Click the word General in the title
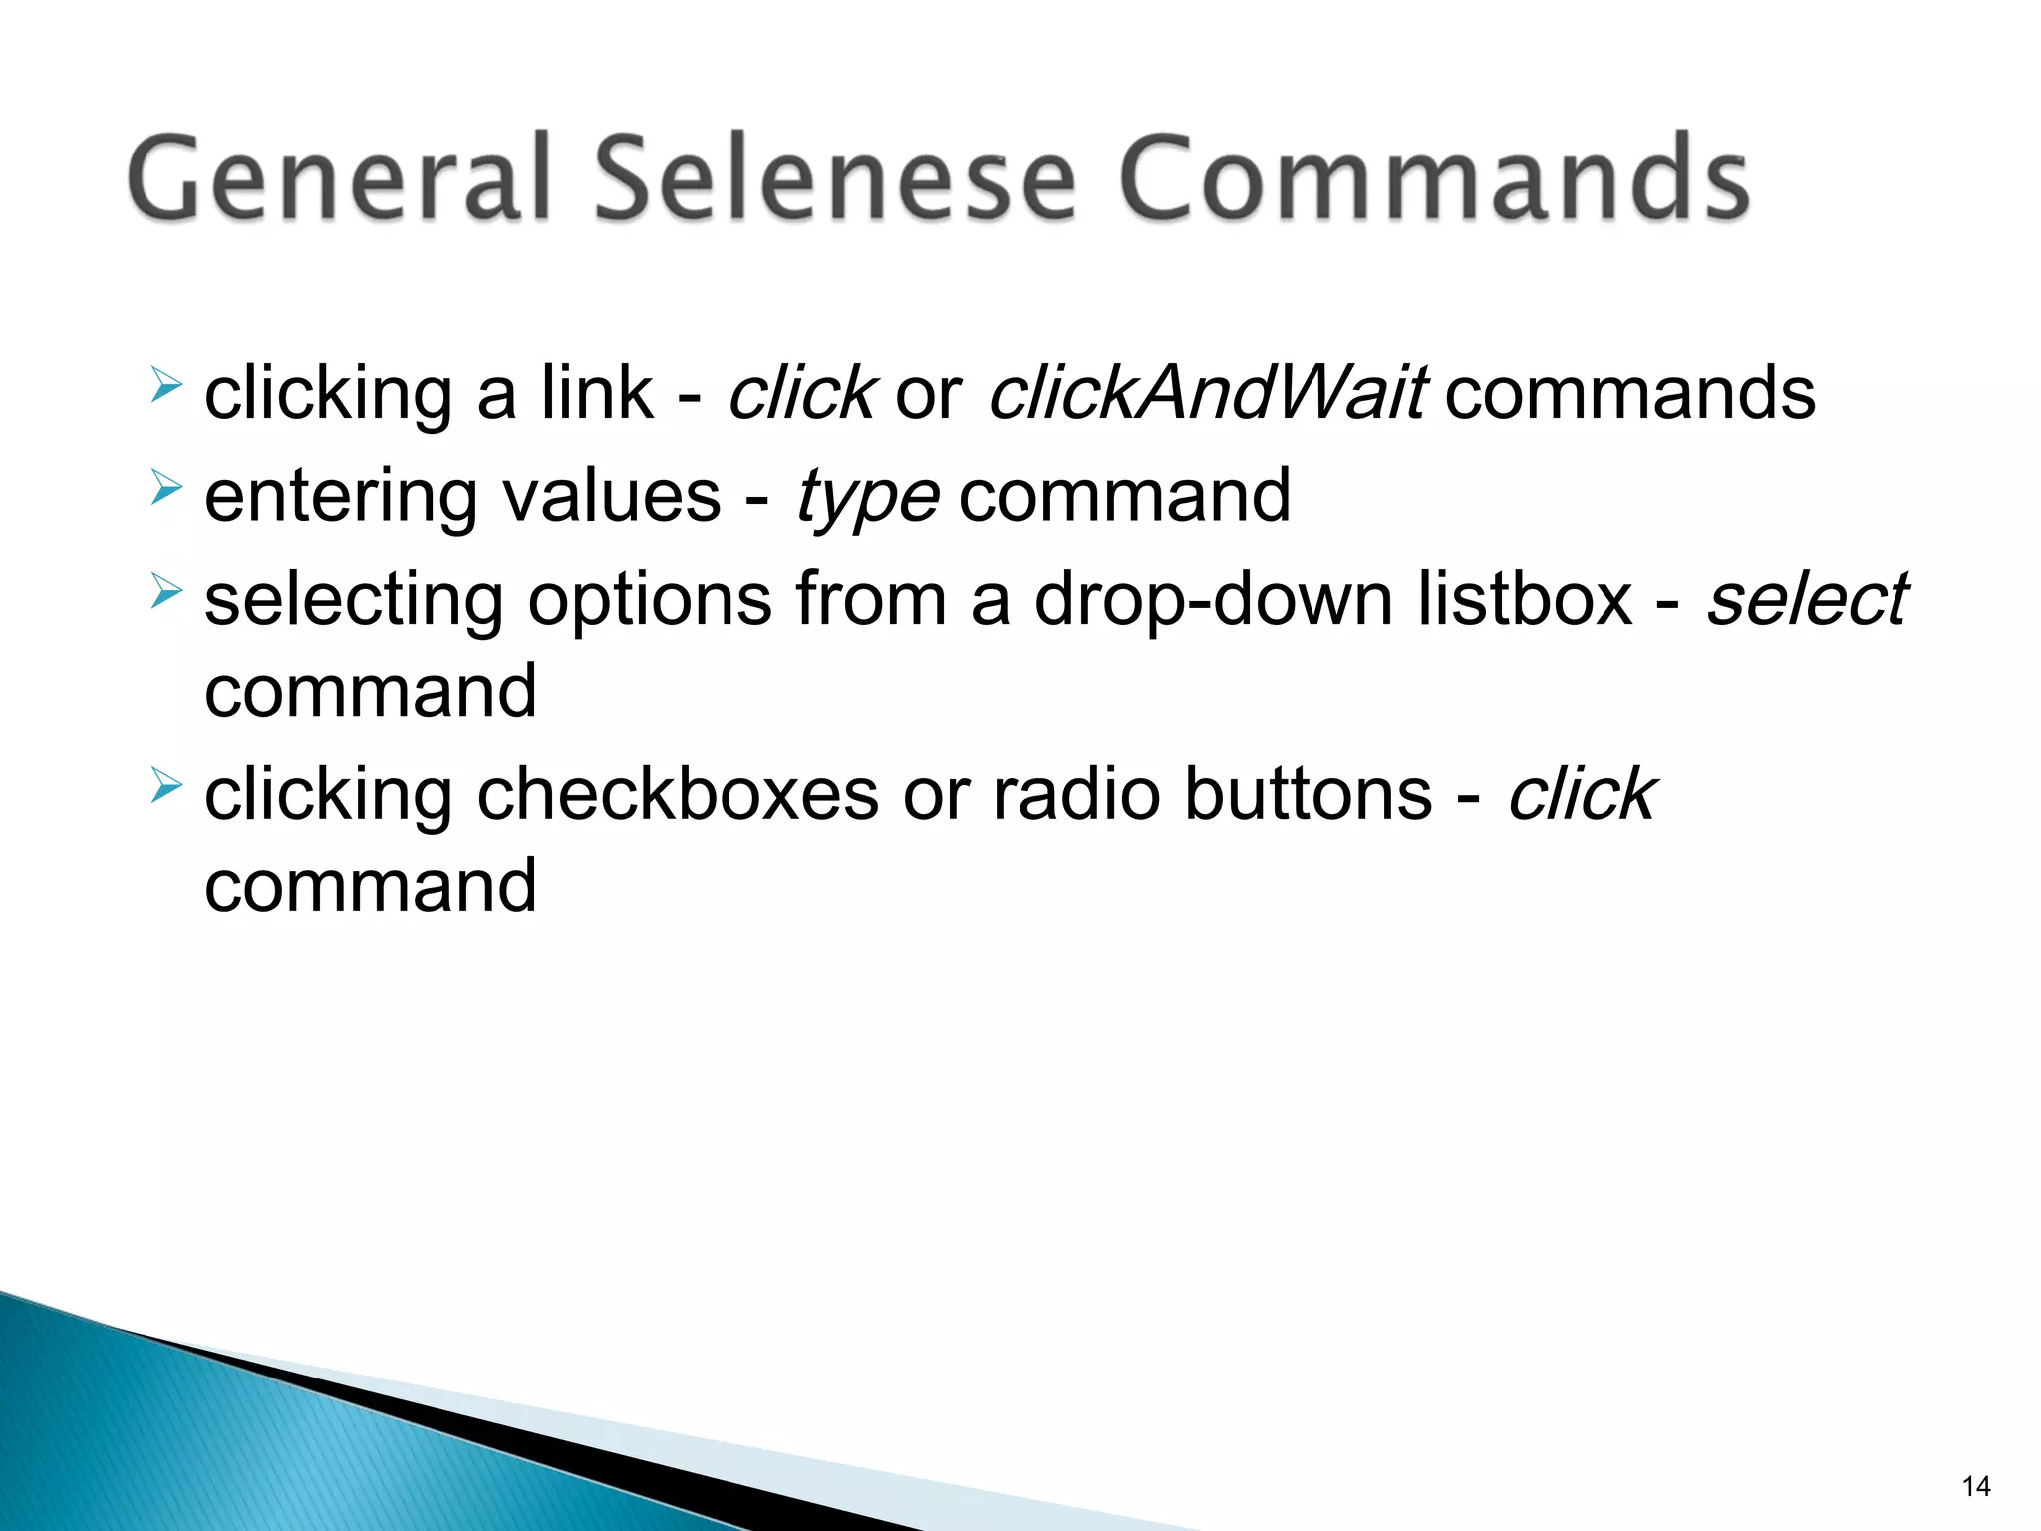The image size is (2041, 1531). coord(339,179)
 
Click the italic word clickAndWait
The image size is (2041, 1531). coord(1207,393)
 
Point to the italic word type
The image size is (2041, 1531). coord(867,498)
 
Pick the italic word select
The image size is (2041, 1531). coord(1807,600)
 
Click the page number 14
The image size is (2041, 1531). coord(1975,1487)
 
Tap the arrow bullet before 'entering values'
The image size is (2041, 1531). coord(166,488)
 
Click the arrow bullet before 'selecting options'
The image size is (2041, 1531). coord(166,591)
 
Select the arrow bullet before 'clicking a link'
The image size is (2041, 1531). coord(166,385)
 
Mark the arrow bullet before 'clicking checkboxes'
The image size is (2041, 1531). coord(166,786)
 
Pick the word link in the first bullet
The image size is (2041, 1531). coord(597,393)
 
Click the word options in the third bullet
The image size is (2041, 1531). coord(650,602)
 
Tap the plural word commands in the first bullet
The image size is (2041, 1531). coord(1629,393)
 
